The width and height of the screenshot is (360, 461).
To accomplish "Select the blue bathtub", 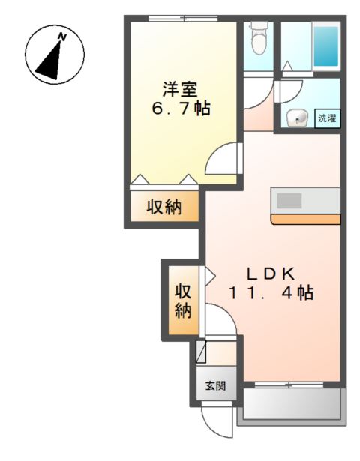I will pos(326,46).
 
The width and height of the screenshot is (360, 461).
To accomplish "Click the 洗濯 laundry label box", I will pos(326,118).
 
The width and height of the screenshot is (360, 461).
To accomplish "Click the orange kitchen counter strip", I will pos(306,220).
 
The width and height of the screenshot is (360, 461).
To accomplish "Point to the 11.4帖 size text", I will pos(271,293).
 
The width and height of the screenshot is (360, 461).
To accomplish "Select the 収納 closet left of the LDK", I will pos(182,299).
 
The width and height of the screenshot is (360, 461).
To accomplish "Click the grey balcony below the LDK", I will pos(291,406).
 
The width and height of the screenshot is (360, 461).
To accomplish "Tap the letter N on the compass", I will pos(63,36).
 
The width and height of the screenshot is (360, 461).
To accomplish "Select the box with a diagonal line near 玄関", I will pos(201,352).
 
